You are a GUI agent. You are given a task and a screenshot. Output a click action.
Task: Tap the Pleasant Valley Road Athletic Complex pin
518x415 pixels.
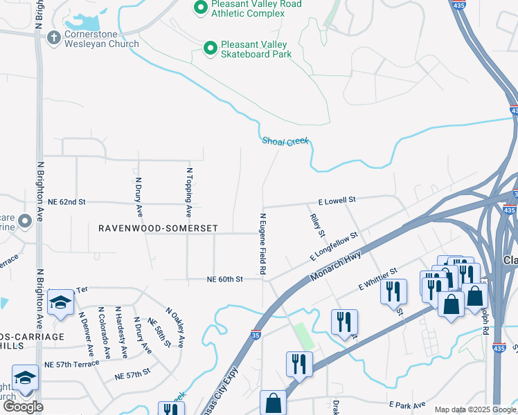(201, 8)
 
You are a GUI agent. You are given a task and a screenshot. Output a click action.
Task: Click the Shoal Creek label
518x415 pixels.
(285, 141)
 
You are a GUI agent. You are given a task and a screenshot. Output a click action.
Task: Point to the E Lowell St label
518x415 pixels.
(337, 200)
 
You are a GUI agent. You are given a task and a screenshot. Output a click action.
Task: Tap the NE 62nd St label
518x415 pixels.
(66, 202)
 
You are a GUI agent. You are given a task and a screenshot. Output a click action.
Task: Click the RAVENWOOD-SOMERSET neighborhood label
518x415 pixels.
(158, 228)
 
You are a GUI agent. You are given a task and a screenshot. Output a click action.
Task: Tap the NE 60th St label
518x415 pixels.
(224, 279)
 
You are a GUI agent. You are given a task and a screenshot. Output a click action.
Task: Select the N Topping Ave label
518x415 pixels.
(188, 187)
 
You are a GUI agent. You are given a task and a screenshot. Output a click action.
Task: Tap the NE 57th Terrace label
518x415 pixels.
(71, 363)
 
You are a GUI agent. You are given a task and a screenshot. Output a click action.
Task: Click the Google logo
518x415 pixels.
(23, 407)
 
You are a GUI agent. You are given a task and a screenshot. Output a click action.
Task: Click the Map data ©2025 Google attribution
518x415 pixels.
(476, 409)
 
